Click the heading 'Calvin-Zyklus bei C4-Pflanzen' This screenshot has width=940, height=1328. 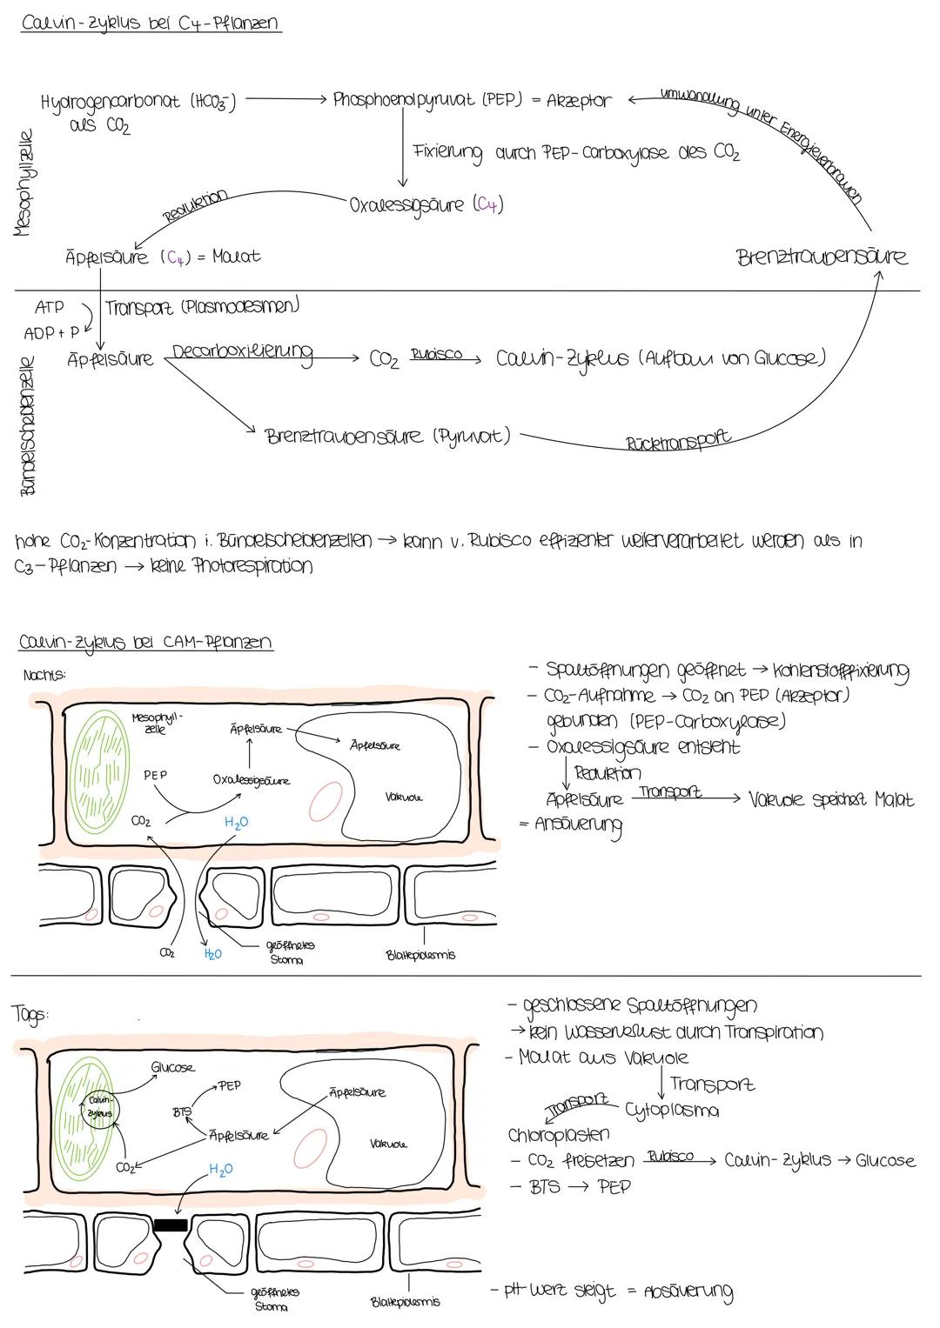[151, 23]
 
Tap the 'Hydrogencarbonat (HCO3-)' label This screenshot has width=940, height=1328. [139, 101]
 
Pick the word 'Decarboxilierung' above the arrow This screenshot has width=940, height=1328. [243, 353]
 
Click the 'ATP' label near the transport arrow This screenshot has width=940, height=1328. [49, 307]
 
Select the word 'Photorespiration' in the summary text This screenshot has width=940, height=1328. [252, 566]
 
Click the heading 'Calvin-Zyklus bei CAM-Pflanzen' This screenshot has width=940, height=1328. [144, 643]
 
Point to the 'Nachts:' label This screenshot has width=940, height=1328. [41, 674]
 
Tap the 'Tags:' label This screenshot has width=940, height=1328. [30, 1014]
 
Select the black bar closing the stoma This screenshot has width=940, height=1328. [171, 1225]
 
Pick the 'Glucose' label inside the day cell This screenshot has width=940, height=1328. [172, 1067]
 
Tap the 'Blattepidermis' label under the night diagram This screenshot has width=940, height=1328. [420, 955]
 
